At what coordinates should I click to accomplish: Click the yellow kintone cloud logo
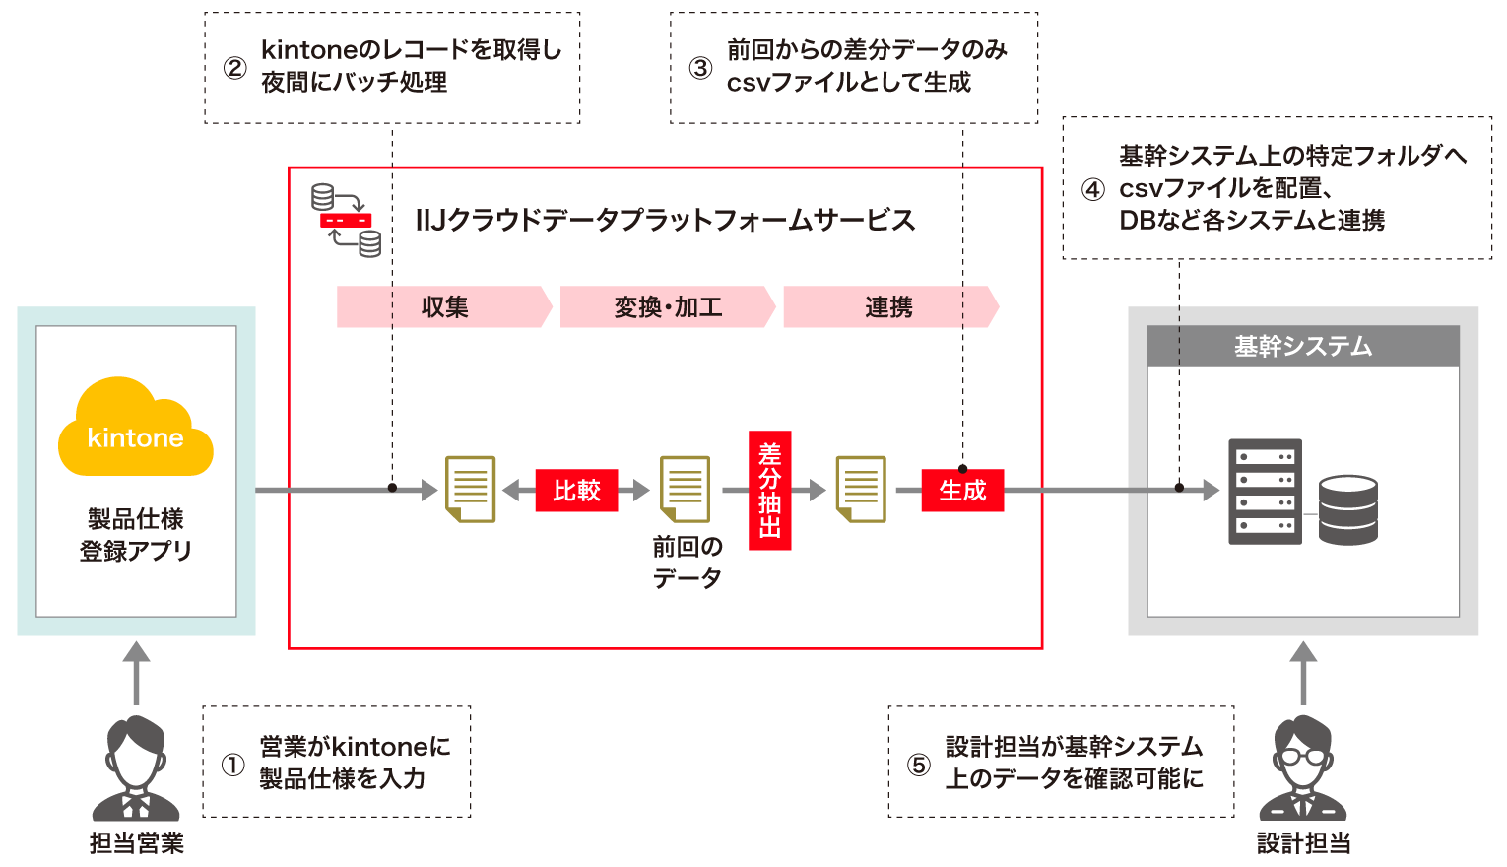pos(136,429)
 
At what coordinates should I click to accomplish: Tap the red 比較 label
pos(576,490)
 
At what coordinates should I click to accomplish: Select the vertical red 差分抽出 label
pos(769,490)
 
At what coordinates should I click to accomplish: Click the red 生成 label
pos(961,490)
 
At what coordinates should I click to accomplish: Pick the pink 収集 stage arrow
pos(443,306)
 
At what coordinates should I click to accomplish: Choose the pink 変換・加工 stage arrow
pos(667,306)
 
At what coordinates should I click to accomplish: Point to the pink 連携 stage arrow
pos(889,306)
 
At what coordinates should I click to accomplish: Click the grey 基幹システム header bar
pos(1302,346)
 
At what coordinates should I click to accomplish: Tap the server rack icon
pos(1265,492)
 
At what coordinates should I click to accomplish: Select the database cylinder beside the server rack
pos(1347,510)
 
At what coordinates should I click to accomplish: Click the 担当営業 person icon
pos(136,768)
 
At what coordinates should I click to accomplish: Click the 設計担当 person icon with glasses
pos(1302,768)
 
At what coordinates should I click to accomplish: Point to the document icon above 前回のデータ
pos(686,489)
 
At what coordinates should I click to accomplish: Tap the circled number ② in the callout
pos(234,67)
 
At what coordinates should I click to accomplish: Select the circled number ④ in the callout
pos(1093,189)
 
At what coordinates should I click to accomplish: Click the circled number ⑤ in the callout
pos(918,765)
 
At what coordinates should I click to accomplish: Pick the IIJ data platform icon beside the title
pos(346,220)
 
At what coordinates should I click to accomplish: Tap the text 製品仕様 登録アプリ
pos(136,534)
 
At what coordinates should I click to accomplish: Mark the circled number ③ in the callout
pos(700,67)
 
